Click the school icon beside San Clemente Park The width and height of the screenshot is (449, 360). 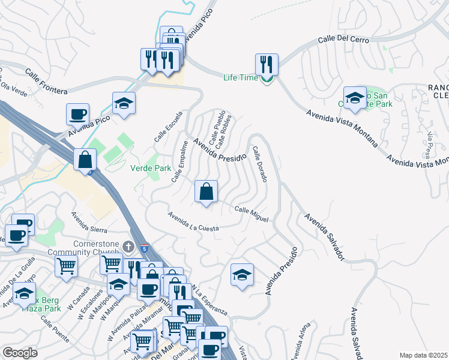pos(355,98)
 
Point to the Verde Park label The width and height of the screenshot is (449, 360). pos(151,168)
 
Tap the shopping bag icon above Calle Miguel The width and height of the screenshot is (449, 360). pos(206,192)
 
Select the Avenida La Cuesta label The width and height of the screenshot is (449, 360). pos(193,221)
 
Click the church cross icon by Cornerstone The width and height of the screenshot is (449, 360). pos(127,247)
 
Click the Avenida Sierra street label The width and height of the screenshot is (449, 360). pos(89,222)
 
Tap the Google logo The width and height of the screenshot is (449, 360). pos(20,352)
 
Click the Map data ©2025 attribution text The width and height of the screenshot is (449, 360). pos(423,355)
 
